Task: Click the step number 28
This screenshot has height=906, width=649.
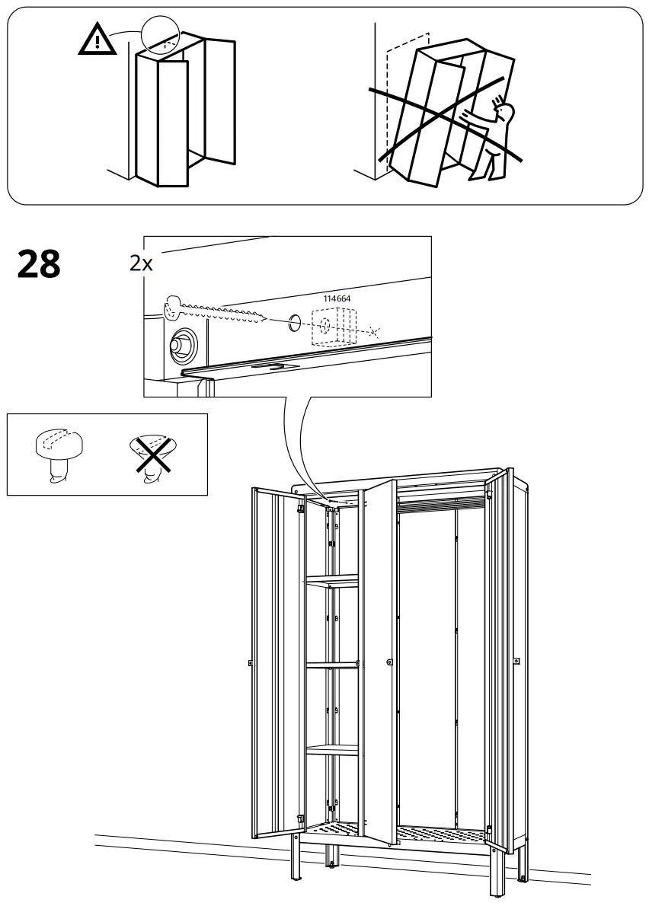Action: click(38, 265)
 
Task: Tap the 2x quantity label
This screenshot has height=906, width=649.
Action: click(141, 263)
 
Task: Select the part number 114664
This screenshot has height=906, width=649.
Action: click(337, 298)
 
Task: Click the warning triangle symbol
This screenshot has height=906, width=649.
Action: click(97, 41)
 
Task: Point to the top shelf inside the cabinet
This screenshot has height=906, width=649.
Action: click(332, 583)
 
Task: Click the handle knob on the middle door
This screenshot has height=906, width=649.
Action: click(389, 662)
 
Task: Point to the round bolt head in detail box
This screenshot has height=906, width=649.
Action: click(183, 345)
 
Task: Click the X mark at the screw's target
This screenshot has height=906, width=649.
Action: click(372, 332)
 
